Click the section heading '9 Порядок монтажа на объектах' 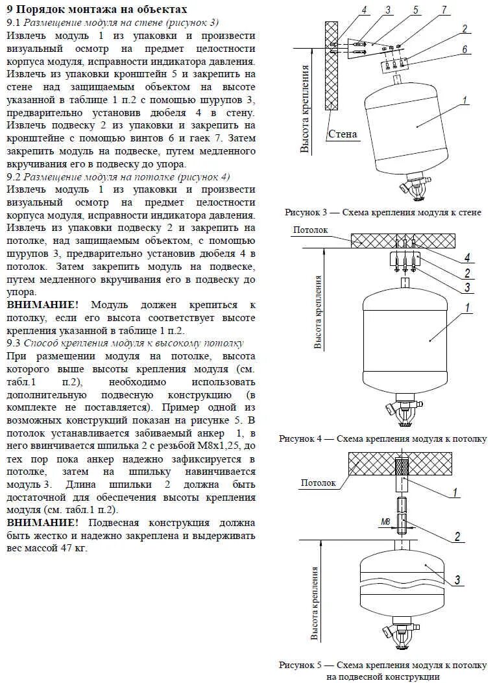pyautogui.click(x=97, y=9)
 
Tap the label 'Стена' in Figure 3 pyautogui.click(x=343, y=134)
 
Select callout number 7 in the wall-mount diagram pyautogui.click(x=444, y=10)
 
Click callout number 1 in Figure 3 pyautogui.click(x=465, y=101)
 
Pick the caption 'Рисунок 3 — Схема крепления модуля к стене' pyautogui.click(x=383, y=212)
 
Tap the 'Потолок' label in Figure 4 pyautogui.click(x=311, y=230)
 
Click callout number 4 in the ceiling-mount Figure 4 pyautogui.click(x=466, y=258)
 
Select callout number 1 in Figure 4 pyautogui.click(x=466, y=309)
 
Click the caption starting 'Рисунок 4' pyautogui.click(x=383, y=438)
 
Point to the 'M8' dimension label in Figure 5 pyautogui.click(x=385, y=521)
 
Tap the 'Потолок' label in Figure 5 pyautogui.click(x=319, y=483)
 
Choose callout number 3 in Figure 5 pyautogui.click(x=457, y=579)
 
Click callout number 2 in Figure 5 pyautogui.click(x=457, y=536)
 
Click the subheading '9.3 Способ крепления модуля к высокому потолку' pyautogui.click(x=125, y=343)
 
